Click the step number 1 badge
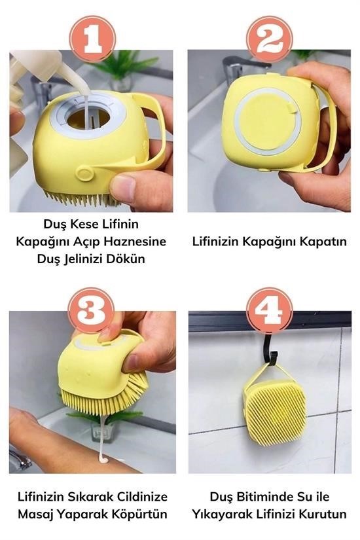93,39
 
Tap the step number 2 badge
270,39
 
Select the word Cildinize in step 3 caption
142,497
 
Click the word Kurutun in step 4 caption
323,514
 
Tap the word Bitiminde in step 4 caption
260,497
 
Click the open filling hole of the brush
88,118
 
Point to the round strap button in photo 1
84,173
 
